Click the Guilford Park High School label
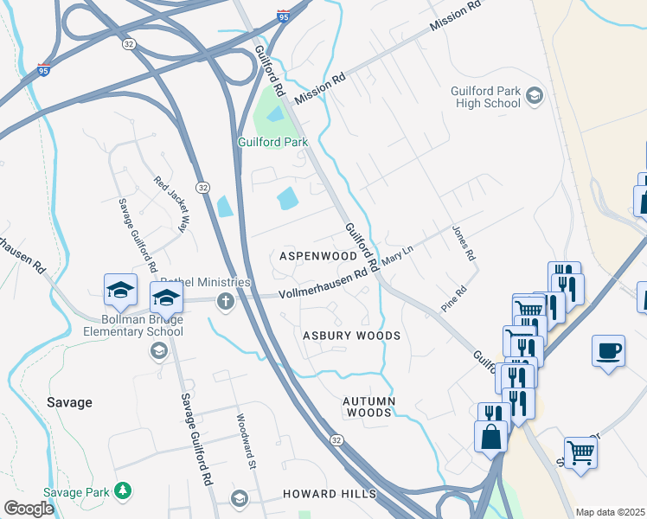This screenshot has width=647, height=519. click(485, 97)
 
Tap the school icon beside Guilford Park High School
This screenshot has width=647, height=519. click(535, 95)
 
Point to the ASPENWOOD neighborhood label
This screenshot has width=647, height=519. click(318, 257)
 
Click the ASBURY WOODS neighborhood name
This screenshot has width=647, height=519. click(351, 336)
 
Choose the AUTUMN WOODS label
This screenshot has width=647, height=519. click(369, 407)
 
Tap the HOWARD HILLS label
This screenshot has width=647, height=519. click(330, 494)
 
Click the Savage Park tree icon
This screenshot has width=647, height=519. click(124, 490)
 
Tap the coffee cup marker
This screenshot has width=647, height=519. click(609, 350)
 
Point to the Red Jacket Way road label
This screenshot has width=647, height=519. click(170, 204)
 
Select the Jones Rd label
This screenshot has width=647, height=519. click(464, 243)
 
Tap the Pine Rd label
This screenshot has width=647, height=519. click(454, 298)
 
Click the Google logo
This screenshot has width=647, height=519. click(29, 509)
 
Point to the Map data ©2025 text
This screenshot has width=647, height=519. click(610, 512)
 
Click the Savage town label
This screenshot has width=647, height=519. click(69, 402)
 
